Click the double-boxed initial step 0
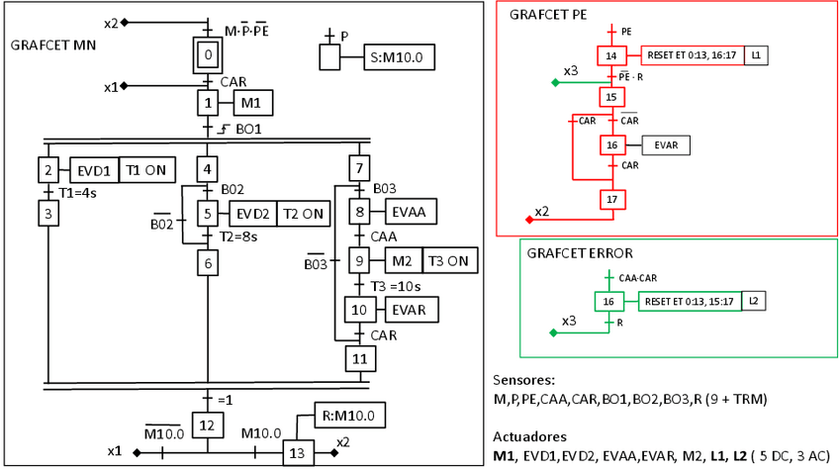(209, 54)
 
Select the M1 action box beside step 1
(252, 102)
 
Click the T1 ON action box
(146, 170)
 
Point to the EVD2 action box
(252, 214)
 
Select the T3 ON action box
(450, 261)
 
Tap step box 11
(360, 357)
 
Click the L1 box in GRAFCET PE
(756, 55)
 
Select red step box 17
(611, 200)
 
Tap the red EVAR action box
(666, 145)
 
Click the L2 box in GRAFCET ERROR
(753, 300)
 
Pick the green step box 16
(609, 301)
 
